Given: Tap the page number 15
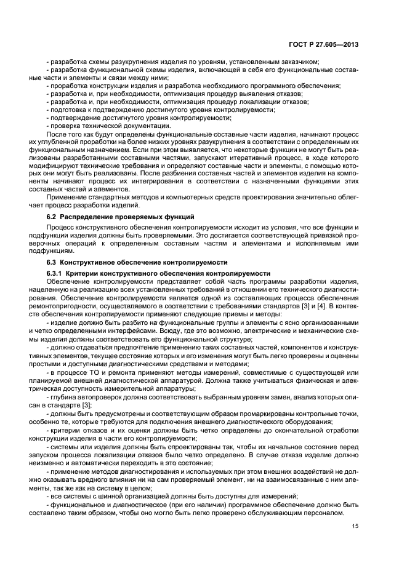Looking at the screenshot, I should coord(355,526).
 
